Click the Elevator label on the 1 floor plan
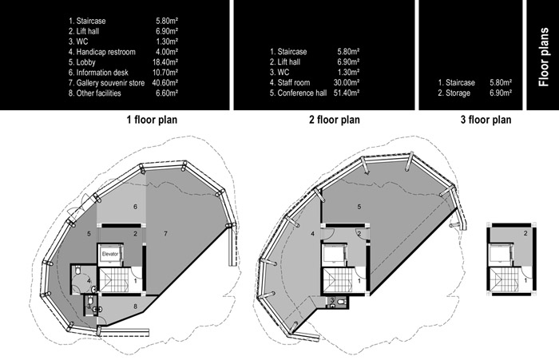click(x=110, y=254)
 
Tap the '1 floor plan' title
click(x=152, y=120)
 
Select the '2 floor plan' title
click(x=335, y=120)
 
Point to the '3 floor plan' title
click(x=486, y=120)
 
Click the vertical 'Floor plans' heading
click(x=544, y=57)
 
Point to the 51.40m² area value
click(x=347, y=93)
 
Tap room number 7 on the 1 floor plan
click(x=165, y=233)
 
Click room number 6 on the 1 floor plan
click(x=135, y=207)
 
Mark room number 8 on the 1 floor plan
click(x=135, y=306)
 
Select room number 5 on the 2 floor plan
click(x=359, y=207)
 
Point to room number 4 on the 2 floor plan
click(x=313, y=234)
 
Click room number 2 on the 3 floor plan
click(x=525, y=233)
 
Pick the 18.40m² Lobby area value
click(x=165, y=62)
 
